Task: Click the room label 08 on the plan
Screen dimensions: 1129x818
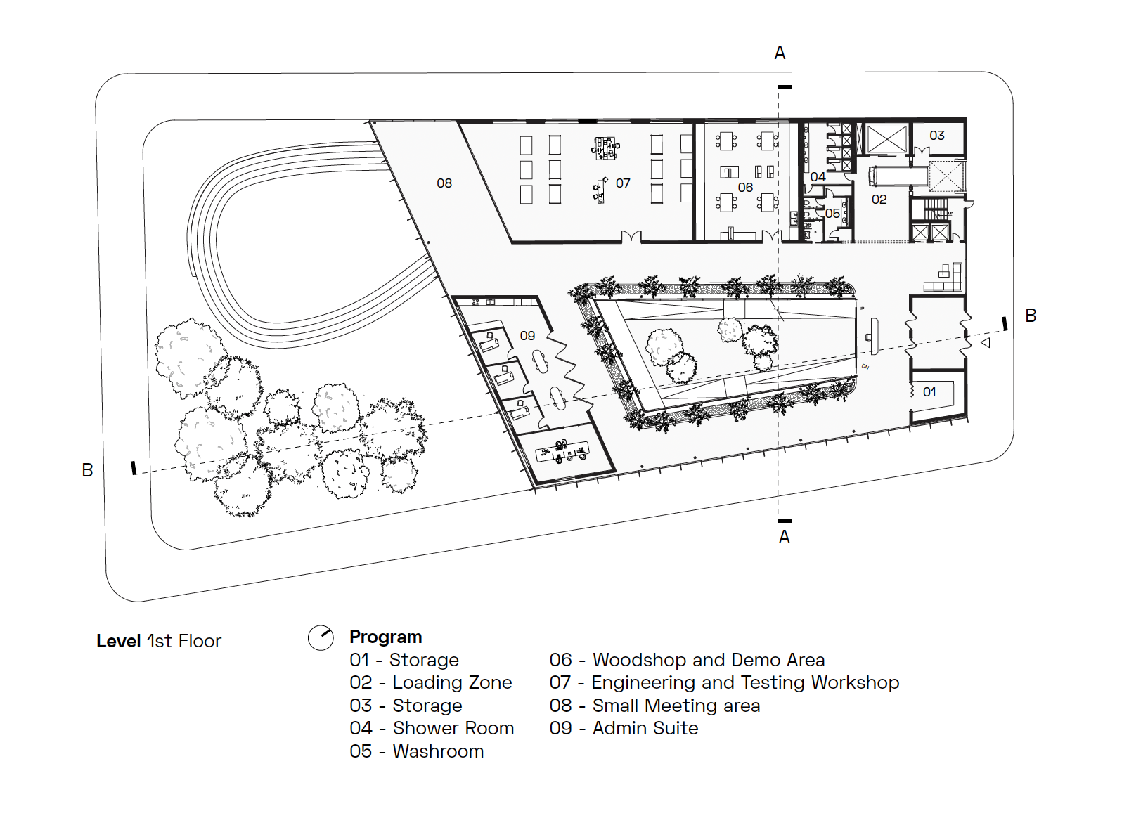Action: pyautogui.click(x=444, y=183)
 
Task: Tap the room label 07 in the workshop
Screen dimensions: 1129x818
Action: pyautogui.click(x=623, y=183)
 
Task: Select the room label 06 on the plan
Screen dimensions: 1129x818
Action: pyautogui.click(x=745, y=188)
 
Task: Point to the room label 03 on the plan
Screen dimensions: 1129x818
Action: pyautogui.click(x=936, y=136)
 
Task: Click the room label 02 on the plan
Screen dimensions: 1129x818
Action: pyautogui.click(x=879, y=200)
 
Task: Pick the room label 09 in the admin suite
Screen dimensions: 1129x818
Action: pyautogui.click(x=527, y=336)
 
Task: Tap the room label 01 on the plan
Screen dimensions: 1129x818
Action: pyautogui.click(x=929, y=392)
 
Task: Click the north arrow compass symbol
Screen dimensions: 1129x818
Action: pyautogui.click(x=321, y=638)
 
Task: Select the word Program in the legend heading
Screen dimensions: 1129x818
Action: pyautogui.click(x=386, y=637)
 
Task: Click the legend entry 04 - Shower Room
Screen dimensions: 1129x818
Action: pyautogui.click(x=432, y=728)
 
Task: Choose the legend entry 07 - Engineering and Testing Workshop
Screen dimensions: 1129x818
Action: pyautogui.click(x=724, y=682)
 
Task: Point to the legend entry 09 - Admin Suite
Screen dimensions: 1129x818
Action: pyautogui.click(x=624, y=728)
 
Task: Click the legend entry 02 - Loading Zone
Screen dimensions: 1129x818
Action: pyautogui.click(x=430, y=682)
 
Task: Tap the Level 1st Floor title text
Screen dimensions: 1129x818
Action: pyautogui.click(x=159, y=641)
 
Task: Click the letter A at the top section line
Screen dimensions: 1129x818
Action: pyautogui.click(x=780, y=53)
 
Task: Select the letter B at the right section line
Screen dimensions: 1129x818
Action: pyautogui.click(x=1031, y=316)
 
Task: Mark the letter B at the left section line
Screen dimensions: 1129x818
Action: pyautogui.click(x=87, y=470)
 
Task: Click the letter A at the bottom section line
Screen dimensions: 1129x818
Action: pyautogui.click(x=785, y=538)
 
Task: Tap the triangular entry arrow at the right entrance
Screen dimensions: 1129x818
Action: pyautogui.click(x=986, y=342)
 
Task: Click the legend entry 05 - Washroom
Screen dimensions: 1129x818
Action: pyautogui.click(x=416, y=751)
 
